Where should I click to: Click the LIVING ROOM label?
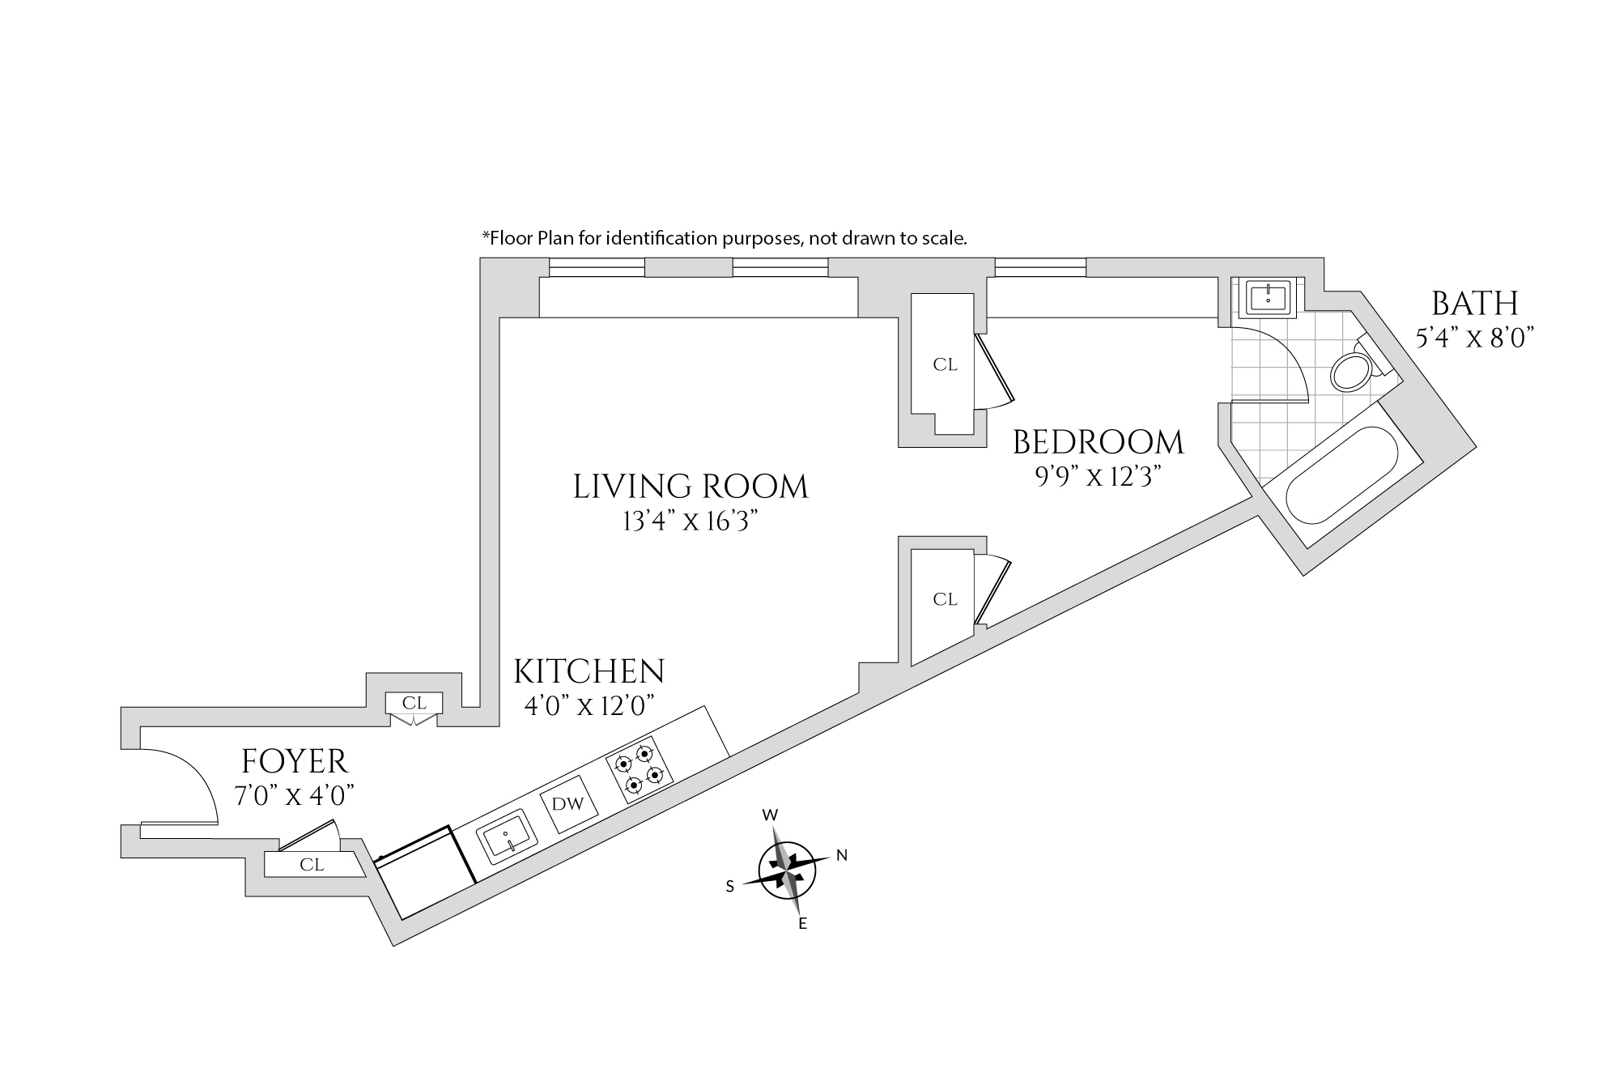[x=691, y=487]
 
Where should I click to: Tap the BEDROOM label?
[x=1098, y=443]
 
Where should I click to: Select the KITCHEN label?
[x=589, y=672]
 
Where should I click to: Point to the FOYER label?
[x=295, y=762]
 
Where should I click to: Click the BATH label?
[x=1474, y=304]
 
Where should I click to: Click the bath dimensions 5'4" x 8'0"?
[x=1474, y=338]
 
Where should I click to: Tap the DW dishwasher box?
[x=567, y=805]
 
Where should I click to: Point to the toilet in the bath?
[x=1351, y=372]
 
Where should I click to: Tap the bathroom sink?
[x=1267, y=297]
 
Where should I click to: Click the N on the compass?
[x=842, y=855]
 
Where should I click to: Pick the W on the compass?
[x=771, y=814]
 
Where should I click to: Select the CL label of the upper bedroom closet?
[x=945, y=365]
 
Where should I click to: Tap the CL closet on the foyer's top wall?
[x=414, y=704]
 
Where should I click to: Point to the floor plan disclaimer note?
[x=725, y=239]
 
